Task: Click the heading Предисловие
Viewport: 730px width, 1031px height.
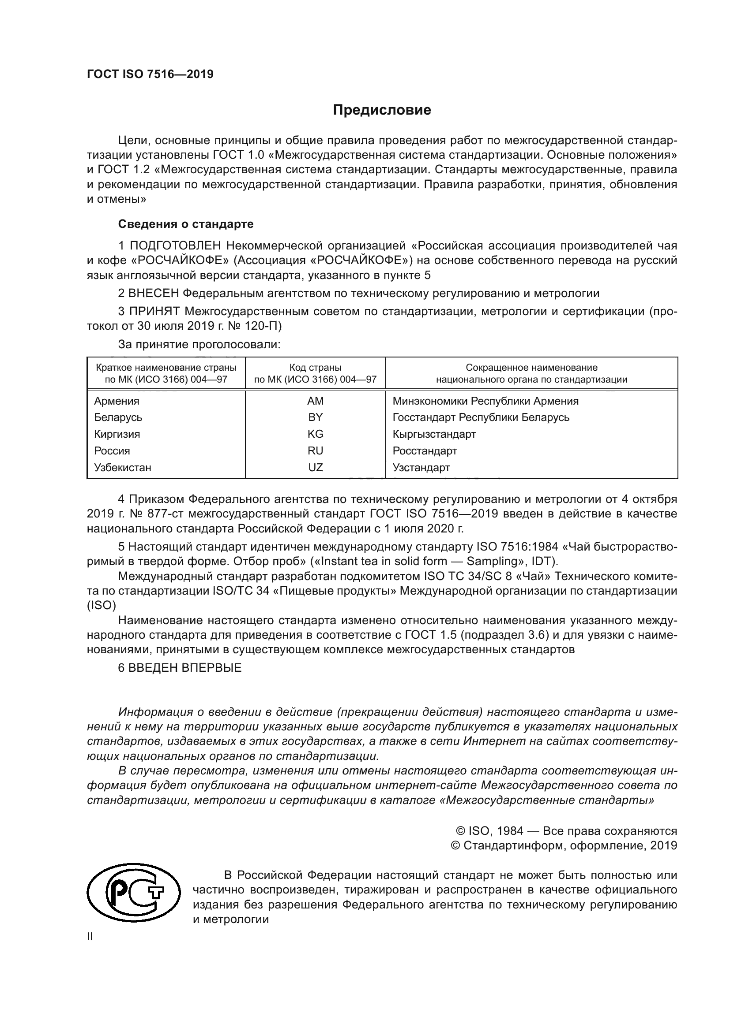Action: click(x=382, y=110)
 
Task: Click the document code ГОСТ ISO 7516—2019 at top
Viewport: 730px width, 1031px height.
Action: click(x=150, y=74)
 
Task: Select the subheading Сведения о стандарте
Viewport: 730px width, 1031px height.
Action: click(x=186, y=223)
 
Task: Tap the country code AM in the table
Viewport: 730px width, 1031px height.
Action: click(x=315, y=401)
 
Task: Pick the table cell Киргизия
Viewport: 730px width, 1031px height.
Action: click(x=117, y=434)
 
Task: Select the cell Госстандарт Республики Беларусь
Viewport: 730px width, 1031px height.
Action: click(x=481, y=417)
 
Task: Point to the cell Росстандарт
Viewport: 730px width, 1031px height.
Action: click(x=424, y=451)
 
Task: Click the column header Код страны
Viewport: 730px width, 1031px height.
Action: click(x=315, y=368)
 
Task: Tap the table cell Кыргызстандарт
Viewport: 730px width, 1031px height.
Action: click(x=434, y=434)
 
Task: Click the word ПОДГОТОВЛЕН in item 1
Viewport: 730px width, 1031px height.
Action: click(x=175, y=246)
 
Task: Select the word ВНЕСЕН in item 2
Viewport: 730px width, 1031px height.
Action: click(x=154, y=294)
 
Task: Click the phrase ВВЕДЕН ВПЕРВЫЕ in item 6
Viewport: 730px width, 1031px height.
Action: click(x=185, y=668)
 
